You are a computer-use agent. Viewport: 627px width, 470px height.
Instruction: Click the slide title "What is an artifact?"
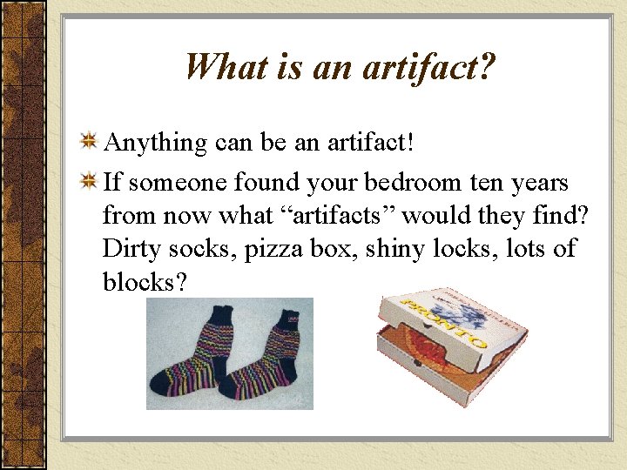pyautogui.click(x=340, y=66)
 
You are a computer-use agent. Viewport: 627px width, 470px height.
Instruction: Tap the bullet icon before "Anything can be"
pyautogui.click(x=89, y=141)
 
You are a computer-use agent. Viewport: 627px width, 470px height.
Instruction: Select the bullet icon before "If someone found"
pyautogui.click(x=89, y=183)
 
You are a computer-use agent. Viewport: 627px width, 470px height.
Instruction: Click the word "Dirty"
pyautogui.click(x=129, y=249)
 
